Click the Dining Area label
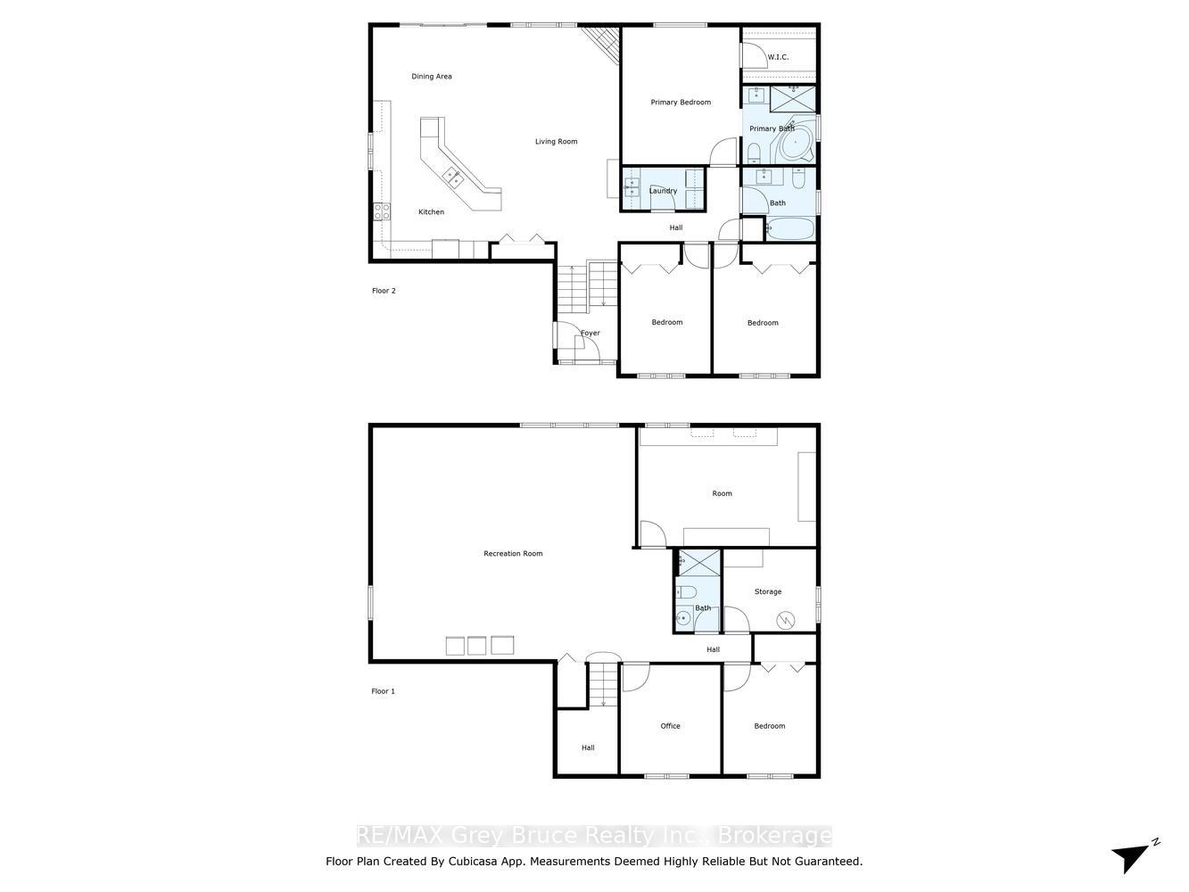click(431, 77)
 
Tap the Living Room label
click(556, 141)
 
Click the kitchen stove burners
click(382, 211)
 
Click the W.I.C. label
click(778, 57)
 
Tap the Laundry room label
click(663, 191)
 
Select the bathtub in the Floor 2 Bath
click(789, 229)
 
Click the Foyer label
click(590, 333)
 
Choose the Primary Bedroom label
click(681, 102)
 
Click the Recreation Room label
click(512, 554)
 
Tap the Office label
click(670, 726)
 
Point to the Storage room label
click(768, 591)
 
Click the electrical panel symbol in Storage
click(785, 620)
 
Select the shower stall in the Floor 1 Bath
click(699, 563)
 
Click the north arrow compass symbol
click(1135, 861)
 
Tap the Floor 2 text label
click(384, 291)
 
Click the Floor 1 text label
click(383, 691)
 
